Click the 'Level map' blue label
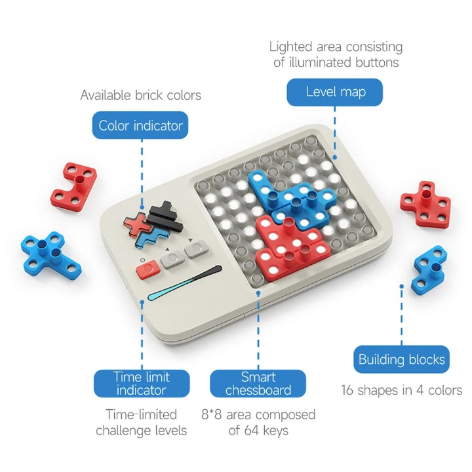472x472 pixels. [x=334, y=92]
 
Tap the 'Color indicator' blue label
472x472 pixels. [x=140, y=125]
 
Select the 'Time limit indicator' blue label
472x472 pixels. [x=142, y=383]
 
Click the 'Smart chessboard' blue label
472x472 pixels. [x=258, y=383]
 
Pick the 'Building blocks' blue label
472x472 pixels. [x=401, y=359]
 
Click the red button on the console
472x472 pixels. [x=148, y=269]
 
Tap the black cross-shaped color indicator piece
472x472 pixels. [x=165, y=216]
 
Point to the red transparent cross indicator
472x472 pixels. [x=137, y=224]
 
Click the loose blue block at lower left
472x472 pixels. [x=50, y=254]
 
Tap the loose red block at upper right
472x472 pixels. [x=425, y=203]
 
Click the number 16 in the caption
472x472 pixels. [x=347, y=390]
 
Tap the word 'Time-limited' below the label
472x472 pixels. [x=141, y=414]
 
